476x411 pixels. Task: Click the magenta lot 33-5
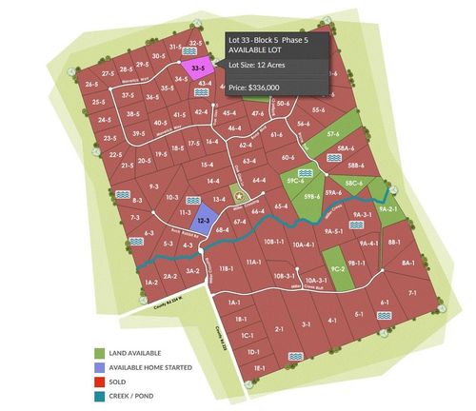pyautogui.click(x=196, y=69)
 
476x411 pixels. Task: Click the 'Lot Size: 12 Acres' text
pyautogui.click(x=262, y=64)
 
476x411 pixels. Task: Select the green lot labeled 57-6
pyautogui.click(x=332, y=135)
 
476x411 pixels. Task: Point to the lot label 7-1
pyautogui.click(x=413, y=295)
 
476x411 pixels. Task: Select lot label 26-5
pyautogui.click(x=92, y=85)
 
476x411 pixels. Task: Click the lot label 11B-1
pyautogui.click(x=226, y=270)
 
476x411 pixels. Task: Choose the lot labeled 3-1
pyautogui.click(x=306, y=324)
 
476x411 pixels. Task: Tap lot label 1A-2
pyautogui.click(x=150, y=283)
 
